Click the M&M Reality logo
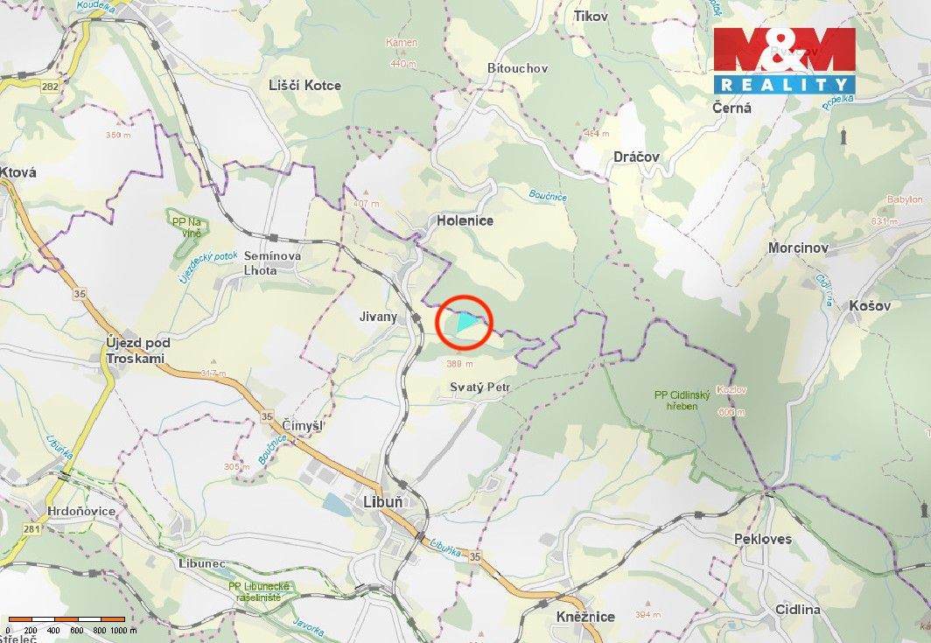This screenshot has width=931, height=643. pos(784,59)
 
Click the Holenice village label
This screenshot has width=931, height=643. pos(465,220)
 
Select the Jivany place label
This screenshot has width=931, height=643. pos(378,317)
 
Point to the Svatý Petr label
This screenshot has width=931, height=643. pos(479,387)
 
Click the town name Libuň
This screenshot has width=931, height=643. pos(383,502)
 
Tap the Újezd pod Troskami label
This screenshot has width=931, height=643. pos(136,350)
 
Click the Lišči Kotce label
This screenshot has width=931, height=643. pos(305,85)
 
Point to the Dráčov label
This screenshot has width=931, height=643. pos(636,157)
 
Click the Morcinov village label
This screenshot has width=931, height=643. pos(798,248)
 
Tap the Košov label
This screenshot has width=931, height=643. pos(869,305)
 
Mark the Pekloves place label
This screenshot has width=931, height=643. pos(762,539)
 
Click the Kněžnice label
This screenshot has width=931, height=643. pos(585,617)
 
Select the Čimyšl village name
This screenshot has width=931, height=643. pos(303,425)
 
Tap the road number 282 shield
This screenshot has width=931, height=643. pos(50,86)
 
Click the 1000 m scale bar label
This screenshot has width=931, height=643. pos(123,630)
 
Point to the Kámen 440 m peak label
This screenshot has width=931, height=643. pos(402,52)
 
